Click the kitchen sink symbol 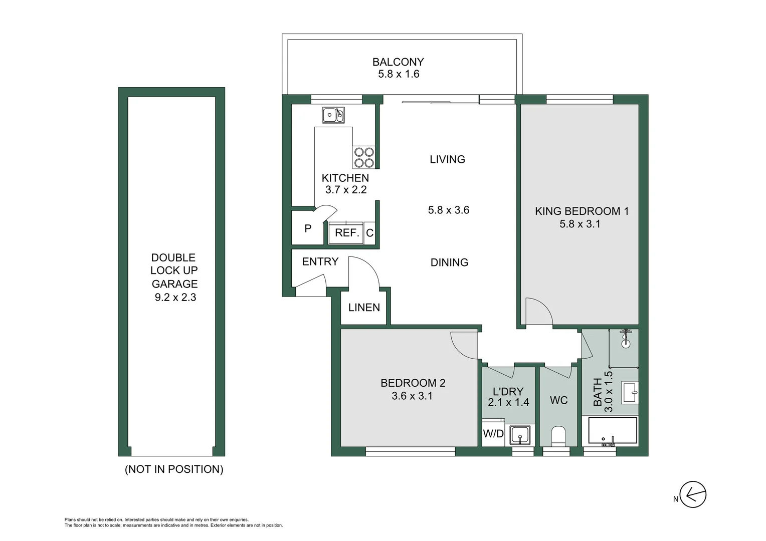pyautogui.click(x=333, y=115)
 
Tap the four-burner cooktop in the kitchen pyautogui.click(x=364, y=157)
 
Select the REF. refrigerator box pyautogui.click(x=346, y=233)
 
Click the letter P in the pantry pyautogui.click(x=308, y=228)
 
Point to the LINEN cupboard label pyautogui.click(x=364, y=308)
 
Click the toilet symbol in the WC pyautogui.click(x=558, y=436)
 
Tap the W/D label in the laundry pyautogui.click(x=493, y=434)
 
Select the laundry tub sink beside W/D pyautogui.click(x=520, y=435)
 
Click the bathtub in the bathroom pyautogui.click(x=612, y=431)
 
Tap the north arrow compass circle pyautogui.click(x=693, y=495)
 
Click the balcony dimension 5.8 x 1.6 pyautogui.click(x=399, y=74)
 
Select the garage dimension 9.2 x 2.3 pyautogui.click(x=175, y=298)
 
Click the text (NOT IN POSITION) pyautogui.click(x=174, y=469)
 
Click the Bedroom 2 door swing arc pyautogui.click(x=462, y=347)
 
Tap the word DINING pyautogui.click(x=449, y=262)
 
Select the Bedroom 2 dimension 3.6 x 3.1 pyautogui.click(x=412, y=396)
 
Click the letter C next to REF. pyautogui.click(x=369, y=233)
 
